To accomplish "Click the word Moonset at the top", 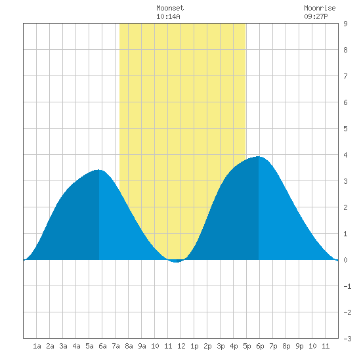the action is tap(170, 8).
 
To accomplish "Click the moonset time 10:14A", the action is tap(168, 16).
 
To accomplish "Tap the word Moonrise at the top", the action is tap(320, 8).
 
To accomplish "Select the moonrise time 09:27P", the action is tap(316, 16).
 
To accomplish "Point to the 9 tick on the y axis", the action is tap(345, 24).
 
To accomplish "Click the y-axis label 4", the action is tap(345, 155).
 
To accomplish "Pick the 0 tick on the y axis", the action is tap(345, 260).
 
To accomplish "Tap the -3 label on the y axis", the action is tap(347, 339).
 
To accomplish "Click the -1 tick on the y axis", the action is tap(347, 286).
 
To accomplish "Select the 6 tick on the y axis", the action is tap(345, 102).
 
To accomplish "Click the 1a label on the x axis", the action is tap(37, 346).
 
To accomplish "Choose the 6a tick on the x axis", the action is tap(102, 346).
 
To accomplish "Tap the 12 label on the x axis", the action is tap(181, 346).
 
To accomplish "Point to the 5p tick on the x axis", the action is tap(247, 346).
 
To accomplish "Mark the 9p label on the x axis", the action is tap(299, 346).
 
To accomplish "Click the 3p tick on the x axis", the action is tap(221, 346).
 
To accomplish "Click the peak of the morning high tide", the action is tap(98, 170).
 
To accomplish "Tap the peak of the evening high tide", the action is tap(259, 157).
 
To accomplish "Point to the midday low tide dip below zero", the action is tap(176, 261).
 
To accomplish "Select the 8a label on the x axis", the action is tap(129, 346).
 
